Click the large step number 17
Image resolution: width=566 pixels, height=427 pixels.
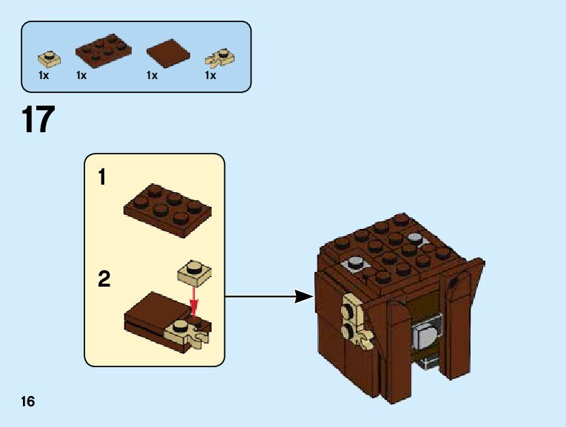(38, 120)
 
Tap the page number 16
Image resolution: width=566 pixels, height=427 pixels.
(28, 402)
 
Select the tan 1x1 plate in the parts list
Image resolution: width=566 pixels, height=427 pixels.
(49, 56)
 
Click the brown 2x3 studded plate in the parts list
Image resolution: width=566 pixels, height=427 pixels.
(103, 49)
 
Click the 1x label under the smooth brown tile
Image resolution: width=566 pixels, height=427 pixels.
(152, 75)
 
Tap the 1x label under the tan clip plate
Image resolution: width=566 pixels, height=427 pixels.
(210, 75)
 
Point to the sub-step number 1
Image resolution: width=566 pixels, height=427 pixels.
(103, 178)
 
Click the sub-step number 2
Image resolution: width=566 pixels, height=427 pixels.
(104, 279)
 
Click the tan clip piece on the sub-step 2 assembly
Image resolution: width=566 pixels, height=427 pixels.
(189, 332)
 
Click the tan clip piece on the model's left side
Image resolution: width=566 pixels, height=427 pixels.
(352, 321)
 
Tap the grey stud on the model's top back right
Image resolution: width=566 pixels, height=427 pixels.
(415, 239)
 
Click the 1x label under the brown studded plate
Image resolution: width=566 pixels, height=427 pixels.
(81, 75)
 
